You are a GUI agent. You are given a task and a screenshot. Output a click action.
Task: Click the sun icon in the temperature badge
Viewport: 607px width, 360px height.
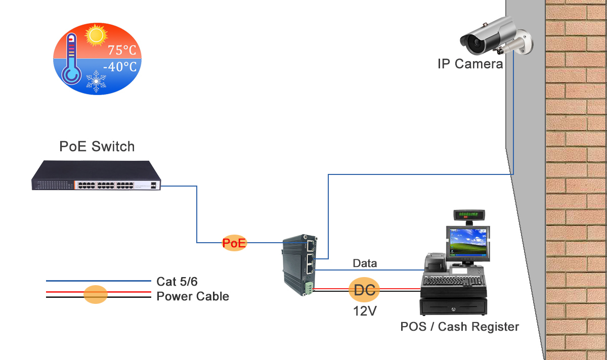click(96, 35)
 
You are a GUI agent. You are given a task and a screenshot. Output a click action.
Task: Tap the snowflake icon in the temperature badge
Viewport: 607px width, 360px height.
click(96, 81)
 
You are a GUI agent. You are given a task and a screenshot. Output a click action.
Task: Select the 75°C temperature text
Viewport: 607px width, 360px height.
click(121, 51)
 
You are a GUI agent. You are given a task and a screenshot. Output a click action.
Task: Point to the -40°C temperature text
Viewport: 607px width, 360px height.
click(120, 67)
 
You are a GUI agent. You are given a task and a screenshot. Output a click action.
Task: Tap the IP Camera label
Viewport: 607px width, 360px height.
click(470, 64)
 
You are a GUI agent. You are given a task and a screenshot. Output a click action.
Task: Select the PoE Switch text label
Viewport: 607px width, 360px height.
click(97, 147)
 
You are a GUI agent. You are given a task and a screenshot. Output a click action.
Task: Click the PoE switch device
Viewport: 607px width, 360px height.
click(96, 176)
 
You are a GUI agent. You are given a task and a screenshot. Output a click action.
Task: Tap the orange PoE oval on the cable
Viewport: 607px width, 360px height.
click(234, 243)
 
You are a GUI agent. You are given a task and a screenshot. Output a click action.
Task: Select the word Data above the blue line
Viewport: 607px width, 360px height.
click(365, 263)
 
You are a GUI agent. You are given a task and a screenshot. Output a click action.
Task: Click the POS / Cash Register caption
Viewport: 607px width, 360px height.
click(459, 327)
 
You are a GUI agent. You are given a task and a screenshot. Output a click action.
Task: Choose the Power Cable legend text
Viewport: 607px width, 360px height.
click(193, 297)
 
